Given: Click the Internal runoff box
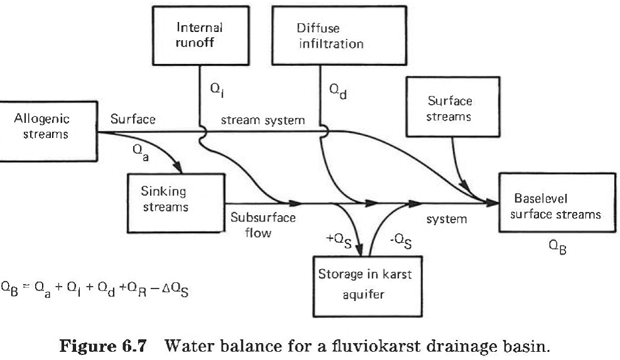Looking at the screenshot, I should click(200, 35).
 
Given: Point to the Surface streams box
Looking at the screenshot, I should click(451, 107).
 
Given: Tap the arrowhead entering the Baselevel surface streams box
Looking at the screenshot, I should click(493, 202).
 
